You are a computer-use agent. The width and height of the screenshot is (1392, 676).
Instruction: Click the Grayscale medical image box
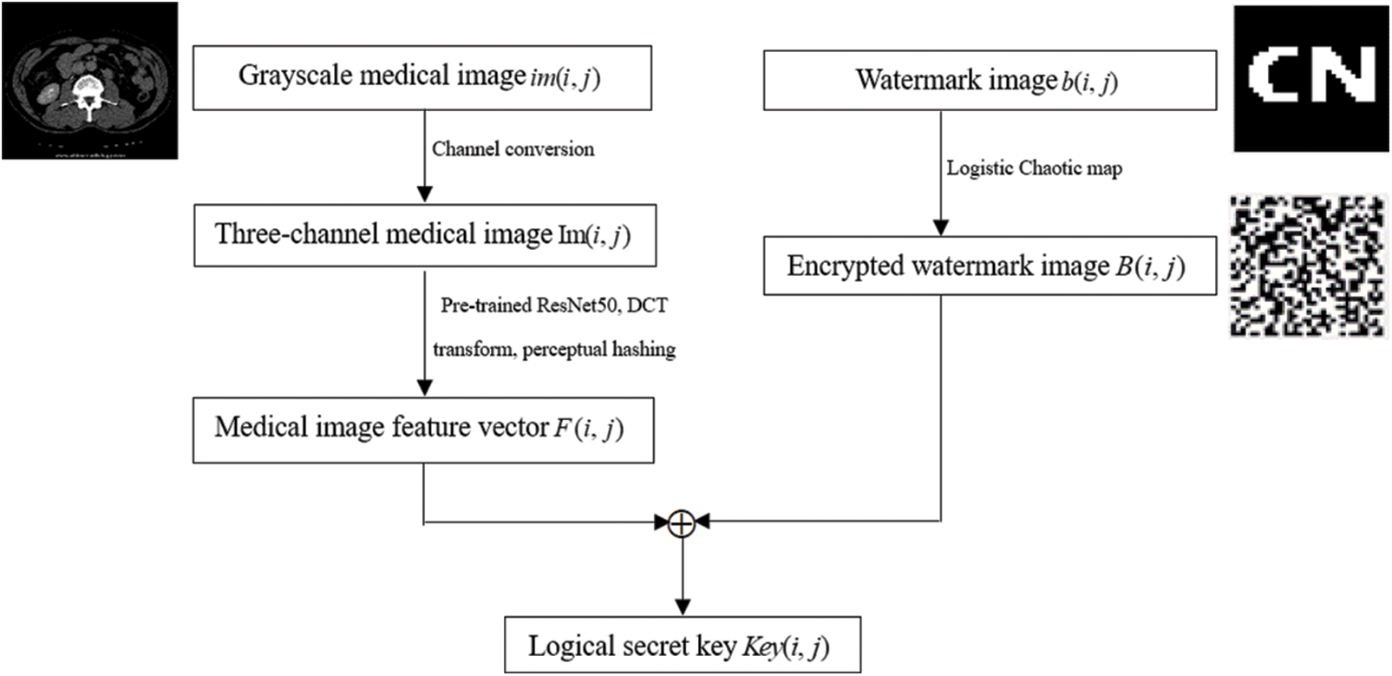pos(422,78)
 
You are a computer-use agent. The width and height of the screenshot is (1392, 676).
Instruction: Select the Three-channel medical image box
pos(424,235)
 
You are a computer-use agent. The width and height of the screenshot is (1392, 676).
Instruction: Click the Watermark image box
pos(989,81)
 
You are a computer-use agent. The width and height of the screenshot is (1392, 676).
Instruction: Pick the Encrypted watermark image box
pos(989,266)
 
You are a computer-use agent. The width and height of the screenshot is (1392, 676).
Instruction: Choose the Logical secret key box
pos(683,646)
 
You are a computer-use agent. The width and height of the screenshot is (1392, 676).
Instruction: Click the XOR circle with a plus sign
pos(683,522)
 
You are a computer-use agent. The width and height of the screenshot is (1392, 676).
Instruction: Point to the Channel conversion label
pos(513,149)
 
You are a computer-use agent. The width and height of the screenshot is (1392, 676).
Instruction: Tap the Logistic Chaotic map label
pos(1034,168)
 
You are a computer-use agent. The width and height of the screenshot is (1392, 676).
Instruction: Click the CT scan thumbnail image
pos(89,81)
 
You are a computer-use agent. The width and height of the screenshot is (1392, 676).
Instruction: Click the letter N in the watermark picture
pos(1343,75)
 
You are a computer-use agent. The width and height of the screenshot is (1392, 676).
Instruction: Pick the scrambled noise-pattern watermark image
pos(1306,266)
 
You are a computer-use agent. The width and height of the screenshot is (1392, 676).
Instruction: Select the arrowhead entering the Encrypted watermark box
pos(940,227)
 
